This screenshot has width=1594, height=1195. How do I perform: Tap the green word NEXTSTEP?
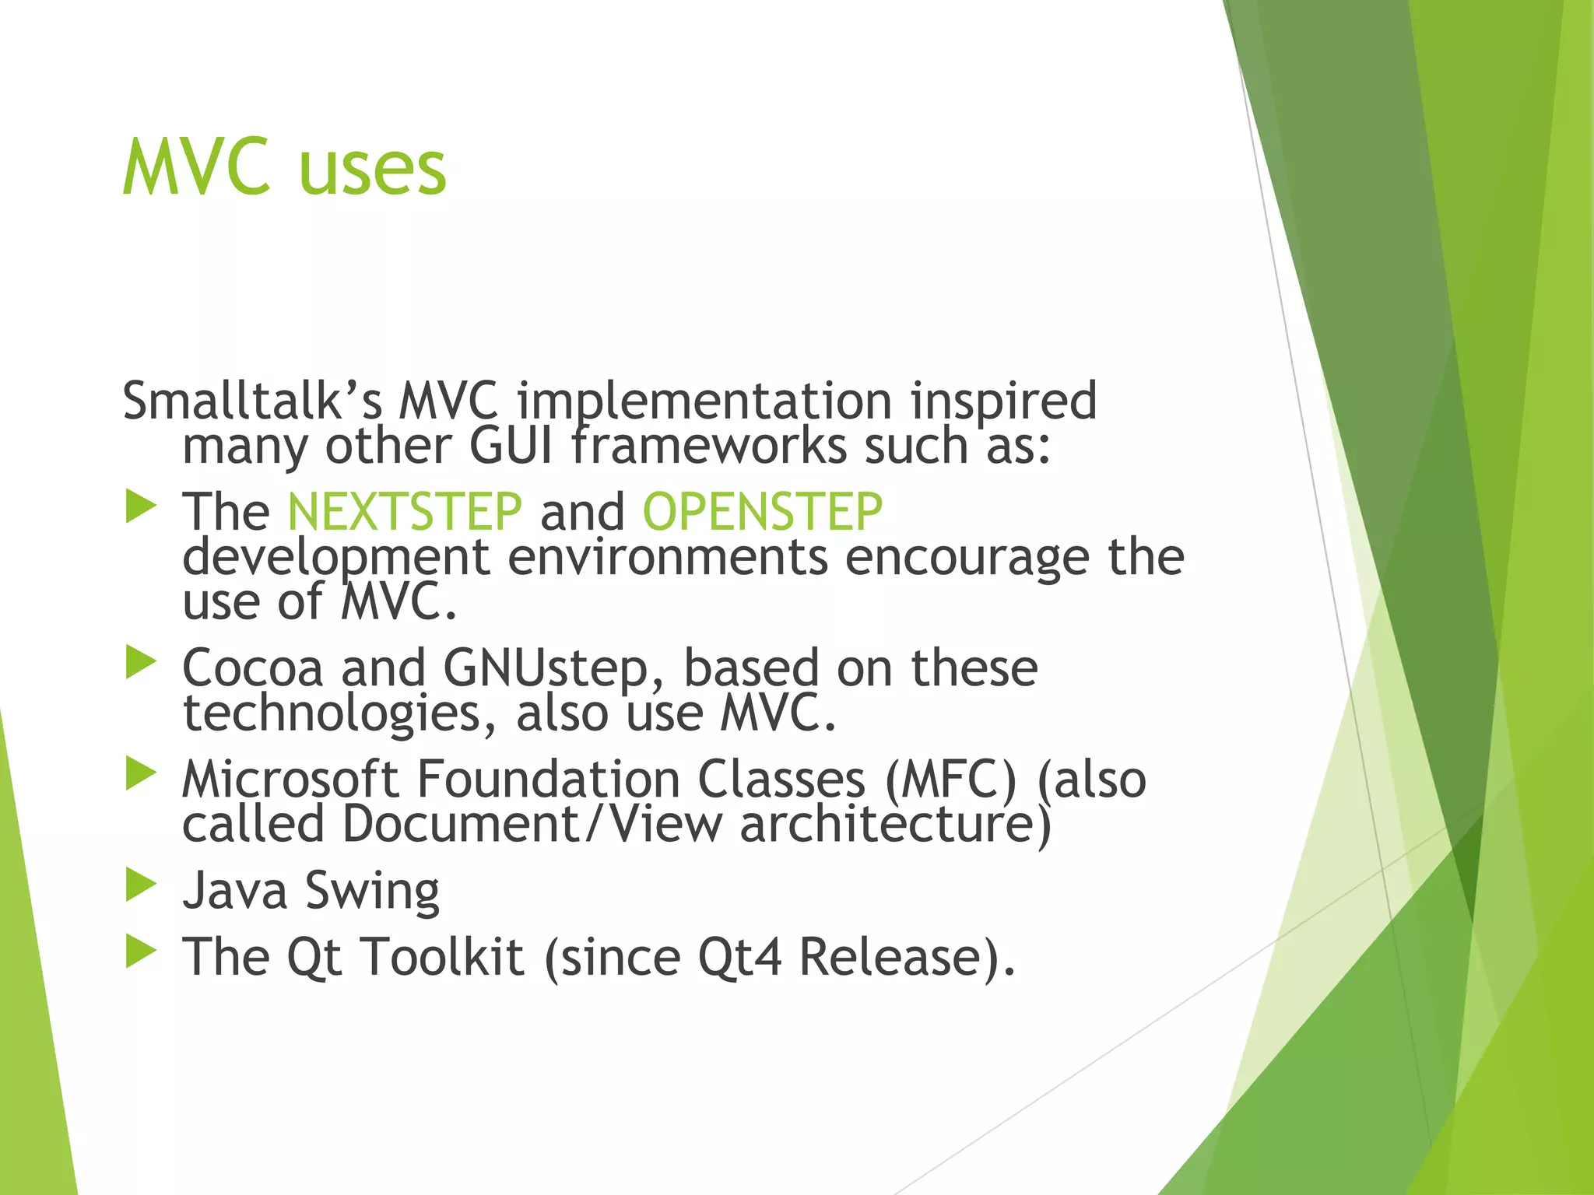point(404,512)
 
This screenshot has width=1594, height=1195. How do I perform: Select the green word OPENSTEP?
point(762,512)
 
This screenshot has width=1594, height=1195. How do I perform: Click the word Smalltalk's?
point(251,401)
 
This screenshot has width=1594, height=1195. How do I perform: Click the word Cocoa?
point(252,668)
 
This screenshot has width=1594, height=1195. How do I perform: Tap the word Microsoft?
point(290,780)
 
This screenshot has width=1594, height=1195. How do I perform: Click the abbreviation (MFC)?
point(950,780)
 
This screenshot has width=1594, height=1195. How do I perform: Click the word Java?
point(234,891)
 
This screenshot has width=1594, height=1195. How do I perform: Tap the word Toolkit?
point(444,957)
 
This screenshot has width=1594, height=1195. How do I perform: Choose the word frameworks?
point(708,447)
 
